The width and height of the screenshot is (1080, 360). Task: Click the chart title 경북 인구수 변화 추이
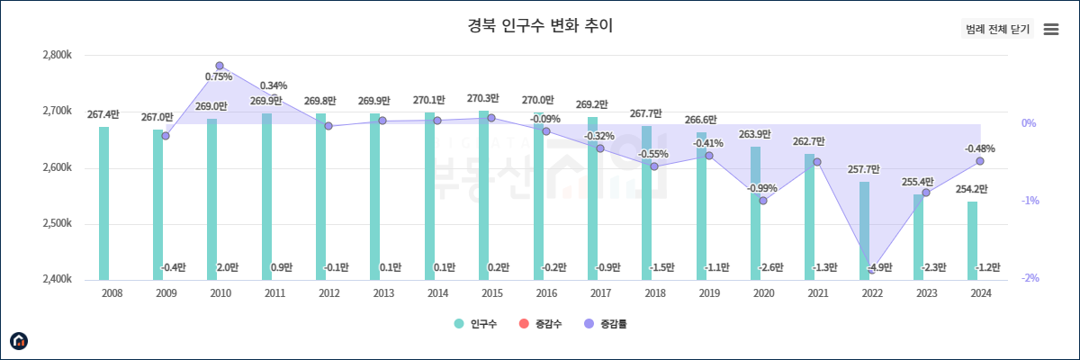(x=540, y=25)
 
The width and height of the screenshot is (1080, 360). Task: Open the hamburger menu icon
(x=1050, y=29)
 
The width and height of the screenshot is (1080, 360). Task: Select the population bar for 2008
(x=104, y=203)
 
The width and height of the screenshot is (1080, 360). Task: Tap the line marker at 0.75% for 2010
(x=220, y=66)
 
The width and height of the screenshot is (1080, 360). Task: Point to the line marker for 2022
(x=871, y=269)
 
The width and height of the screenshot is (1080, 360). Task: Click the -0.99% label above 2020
(x=762, y=188)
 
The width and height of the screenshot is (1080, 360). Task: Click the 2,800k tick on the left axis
(x=58, y=56)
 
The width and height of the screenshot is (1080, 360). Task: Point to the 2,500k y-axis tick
(x=58, y=224)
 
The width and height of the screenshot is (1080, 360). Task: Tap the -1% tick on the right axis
(x=1030, y=201)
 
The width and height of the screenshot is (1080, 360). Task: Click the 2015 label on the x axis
(x=491, y=293)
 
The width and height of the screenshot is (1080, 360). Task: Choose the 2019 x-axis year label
(x=708, y=293)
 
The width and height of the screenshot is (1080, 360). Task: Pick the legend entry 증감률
(x=607, y=324)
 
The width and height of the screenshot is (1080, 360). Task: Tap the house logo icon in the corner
(x=19, y=340)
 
